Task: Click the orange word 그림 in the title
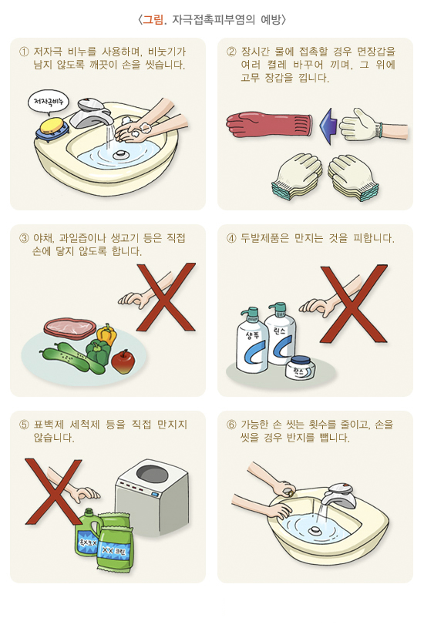(153, 19)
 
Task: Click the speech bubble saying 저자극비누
(48, 102)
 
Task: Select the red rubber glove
(269, 124)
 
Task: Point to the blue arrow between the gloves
(329, 126)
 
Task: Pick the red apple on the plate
(123, 361)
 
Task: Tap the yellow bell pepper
(106, 334)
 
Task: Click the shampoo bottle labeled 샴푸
(251, 341)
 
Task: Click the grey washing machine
(153, 497)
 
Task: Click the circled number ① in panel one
(24, 52)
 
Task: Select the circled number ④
(231, 238)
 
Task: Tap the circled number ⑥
(231, 425)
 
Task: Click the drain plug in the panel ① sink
(119, 154)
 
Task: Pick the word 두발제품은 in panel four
(264, 238)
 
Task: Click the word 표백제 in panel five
(48, 425)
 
